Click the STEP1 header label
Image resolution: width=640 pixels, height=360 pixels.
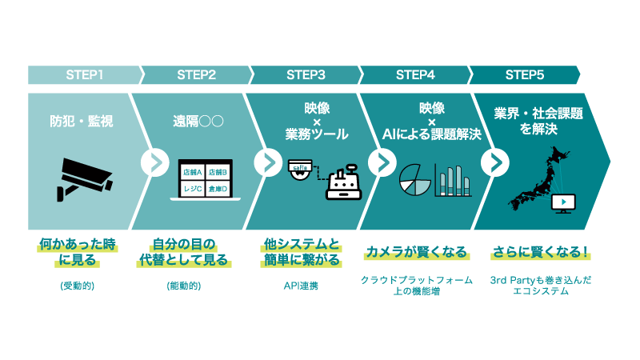tap(84, 75)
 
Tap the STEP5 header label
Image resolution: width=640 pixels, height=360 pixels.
tap(525, 75)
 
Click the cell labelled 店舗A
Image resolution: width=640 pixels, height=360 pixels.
tap(192, 172)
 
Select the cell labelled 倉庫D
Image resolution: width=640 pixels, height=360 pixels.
tap(217, 188)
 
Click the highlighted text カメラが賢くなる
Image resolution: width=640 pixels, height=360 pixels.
tap(416, 252)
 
